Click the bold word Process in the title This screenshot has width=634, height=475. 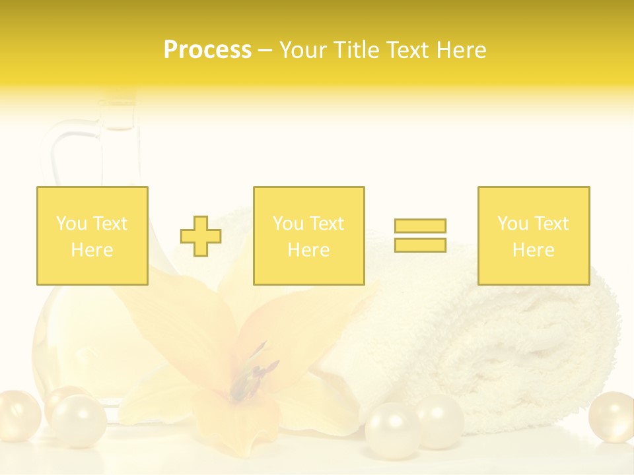tap(207, 50)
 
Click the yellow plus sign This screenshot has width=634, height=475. tap(201, 236)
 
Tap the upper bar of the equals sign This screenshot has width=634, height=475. tap(420, 226)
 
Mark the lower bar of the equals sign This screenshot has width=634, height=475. tap(420, 245)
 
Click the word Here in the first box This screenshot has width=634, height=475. tap(92, 250)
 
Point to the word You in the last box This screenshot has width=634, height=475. tap(512, 224)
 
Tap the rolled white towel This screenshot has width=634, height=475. tap(475, 343)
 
